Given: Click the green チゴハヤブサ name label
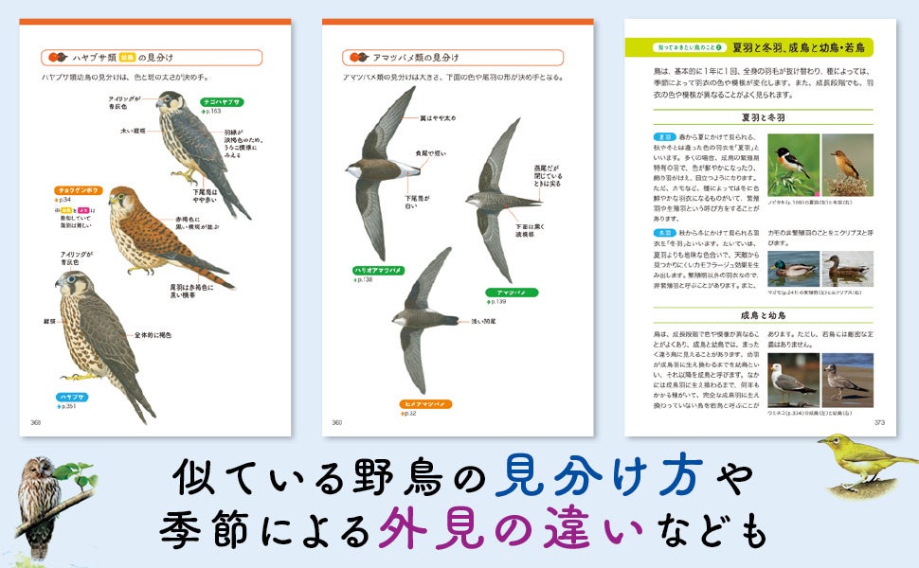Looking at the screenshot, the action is [220, 101].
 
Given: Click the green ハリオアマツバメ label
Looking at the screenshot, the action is [378, 271].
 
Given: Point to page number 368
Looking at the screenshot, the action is [36, 422].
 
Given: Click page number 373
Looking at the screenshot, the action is [879, 422].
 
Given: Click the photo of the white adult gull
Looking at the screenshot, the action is [792, 380].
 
